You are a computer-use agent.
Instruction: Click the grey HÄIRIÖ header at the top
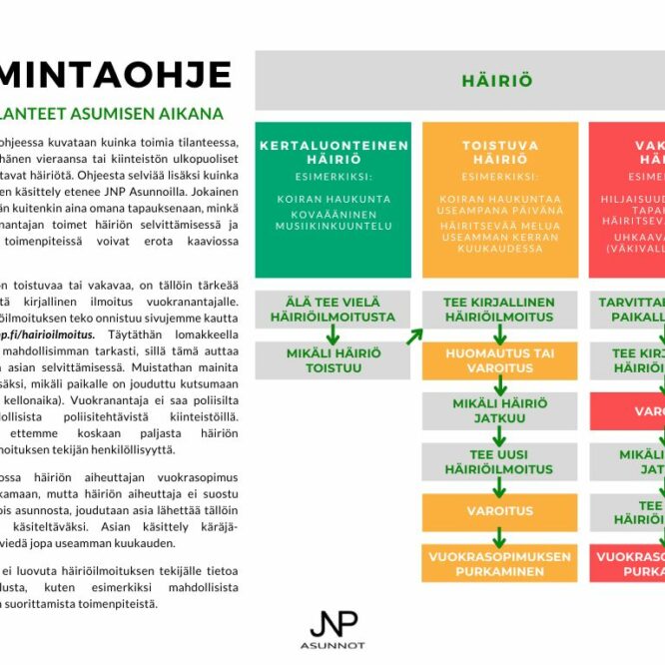(496, 81)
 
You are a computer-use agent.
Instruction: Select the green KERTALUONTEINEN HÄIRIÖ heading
(333, 152)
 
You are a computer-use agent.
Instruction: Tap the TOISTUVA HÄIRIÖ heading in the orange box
(499, 152)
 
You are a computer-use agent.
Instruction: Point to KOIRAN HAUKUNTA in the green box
(333, 199)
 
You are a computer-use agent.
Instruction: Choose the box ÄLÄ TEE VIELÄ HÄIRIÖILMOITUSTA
(333, 309)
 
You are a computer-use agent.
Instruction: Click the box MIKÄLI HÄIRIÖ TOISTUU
(333, 359)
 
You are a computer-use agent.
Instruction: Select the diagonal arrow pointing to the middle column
(413, 335)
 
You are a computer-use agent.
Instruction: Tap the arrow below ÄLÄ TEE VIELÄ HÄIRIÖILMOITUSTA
(333, 334)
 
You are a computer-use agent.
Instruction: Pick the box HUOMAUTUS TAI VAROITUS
(499, 359)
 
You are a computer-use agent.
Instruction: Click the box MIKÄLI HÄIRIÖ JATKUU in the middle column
(499, 410)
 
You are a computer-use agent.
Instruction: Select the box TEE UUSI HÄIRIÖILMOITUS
(499, 461)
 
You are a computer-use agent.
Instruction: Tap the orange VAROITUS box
(499, 511)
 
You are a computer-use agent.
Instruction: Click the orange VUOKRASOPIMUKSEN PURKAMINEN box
(499, 563)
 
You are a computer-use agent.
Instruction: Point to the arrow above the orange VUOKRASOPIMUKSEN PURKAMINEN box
(499, 537)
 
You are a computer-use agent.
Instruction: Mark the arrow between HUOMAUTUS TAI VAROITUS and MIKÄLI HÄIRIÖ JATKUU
(499, 385)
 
